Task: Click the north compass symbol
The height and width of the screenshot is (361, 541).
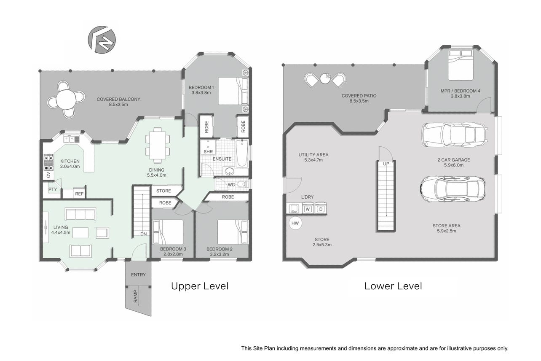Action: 102,40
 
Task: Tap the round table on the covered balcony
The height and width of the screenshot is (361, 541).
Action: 66,100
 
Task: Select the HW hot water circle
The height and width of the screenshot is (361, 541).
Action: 295,223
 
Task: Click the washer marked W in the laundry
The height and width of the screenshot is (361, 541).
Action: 308,208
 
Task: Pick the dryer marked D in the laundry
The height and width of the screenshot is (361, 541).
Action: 321,208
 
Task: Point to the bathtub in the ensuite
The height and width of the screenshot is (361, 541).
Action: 242,153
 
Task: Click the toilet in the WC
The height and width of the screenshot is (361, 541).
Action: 242,184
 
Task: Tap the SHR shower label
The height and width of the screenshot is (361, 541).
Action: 208,151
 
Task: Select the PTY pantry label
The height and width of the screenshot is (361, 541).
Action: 53,189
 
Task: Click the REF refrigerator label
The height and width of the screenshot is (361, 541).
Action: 79,194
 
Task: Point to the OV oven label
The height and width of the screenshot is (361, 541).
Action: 48,175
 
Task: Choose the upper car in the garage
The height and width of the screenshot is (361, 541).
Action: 454,135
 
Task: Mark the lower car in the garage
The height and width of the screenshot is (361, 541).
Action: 453,189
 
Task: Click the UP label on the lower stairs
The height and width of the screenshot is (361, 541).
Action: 386,164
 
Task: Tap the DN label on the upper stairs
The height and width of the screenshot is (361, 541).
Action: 143,234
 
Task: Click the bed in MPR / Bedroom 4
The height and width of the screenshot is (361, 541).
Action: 461,65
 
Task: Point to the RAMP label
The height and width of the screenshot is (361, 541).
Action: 135,296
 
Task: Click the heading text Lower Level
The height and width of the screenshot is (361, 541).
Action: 393,286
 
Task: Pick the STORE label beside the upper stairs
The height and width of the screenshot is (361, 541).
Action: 163,191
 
